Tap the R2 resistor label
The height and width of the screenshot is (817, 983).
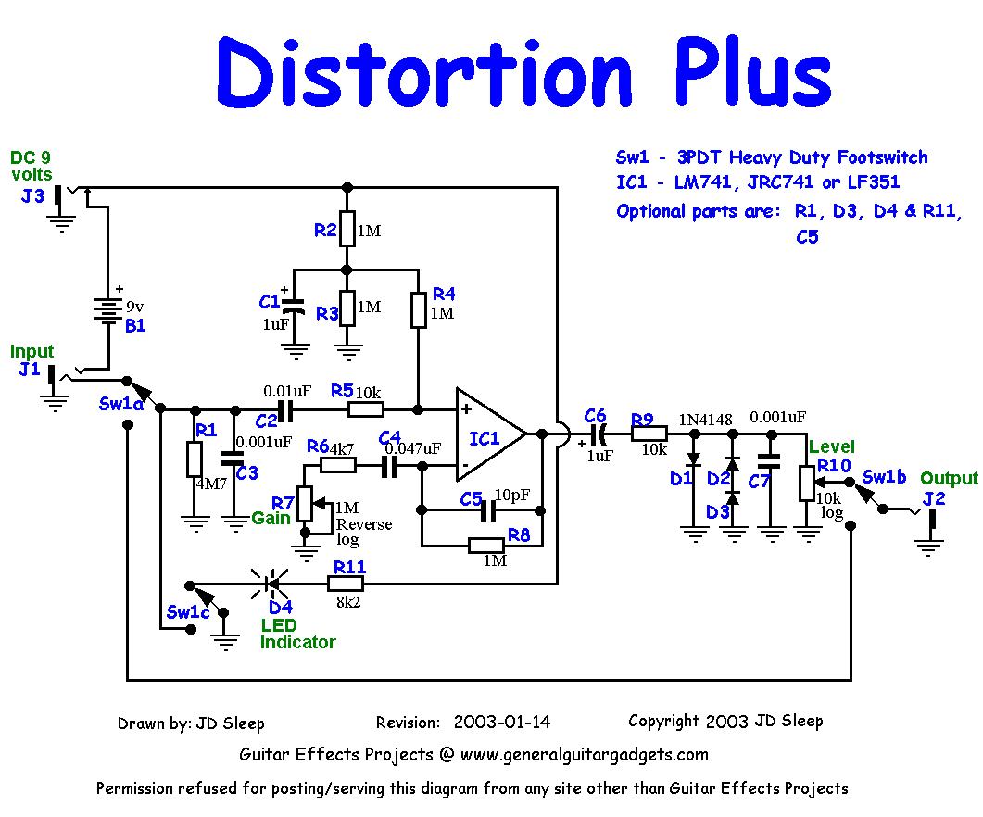click(324, 231)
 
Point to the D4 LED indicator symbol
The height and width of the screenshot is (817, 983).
click(270, 584)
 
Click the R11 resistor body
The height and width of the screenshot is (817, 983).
click(345, 584)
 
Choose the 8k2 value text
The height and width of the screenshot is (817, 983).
click(349, 603)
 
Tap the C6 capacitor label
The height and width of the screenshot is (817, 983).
click(595, 415)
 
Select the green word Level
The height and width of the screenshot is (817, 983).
click(832, 447)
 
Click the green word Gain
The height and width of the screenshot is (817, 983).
click(271, 518)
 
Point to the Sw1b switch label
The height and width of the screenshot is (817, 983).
click(884, 477)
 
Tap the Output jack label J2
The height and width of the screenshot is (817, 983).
click(935, 499)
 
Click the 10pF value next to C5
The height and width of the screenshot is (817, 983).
click(512, 494)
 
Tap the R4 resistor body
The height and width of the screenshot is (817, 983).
click(419, 309)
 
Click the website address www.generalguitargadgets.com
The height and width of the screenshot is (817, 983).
click(584, 755)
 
